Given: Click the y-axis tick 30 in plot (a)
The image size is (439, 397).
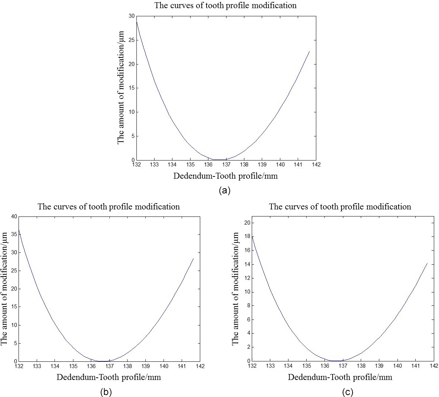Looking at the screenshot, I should tap(132, 16).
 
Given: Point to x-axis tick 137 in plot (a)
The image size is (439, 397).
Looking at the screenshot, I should tap(226, 164).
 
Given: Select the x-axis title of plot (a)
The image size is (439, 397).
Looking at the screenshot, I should tap(225, 176).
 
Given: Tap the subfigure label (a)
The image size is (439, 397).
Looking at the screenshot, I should tap(225, 191).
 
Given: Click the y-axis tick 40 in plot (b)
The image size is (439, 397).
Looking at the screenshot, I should tap(14, 216).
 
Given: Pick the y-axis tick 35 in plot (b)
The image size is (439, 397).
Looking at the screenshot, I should tap(14, 235).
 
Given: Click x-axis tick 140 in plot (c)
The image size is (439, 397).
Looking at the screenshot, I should tap(397, 365).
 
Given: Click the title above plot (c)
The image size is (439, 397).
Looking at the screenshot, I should tap(340, 207).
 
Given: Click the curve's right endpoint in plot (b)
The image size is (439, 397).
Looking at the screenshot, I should tap(193, 258).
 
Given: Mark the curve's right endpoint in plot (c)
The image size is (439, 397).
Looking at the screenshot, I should tap(428, 263).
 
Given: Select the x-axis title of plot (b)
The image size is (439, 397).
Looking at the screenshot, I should tap(109, 377).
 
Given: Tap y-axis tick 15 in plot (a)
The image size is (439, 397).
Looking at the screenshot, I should tap(132, 88).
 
